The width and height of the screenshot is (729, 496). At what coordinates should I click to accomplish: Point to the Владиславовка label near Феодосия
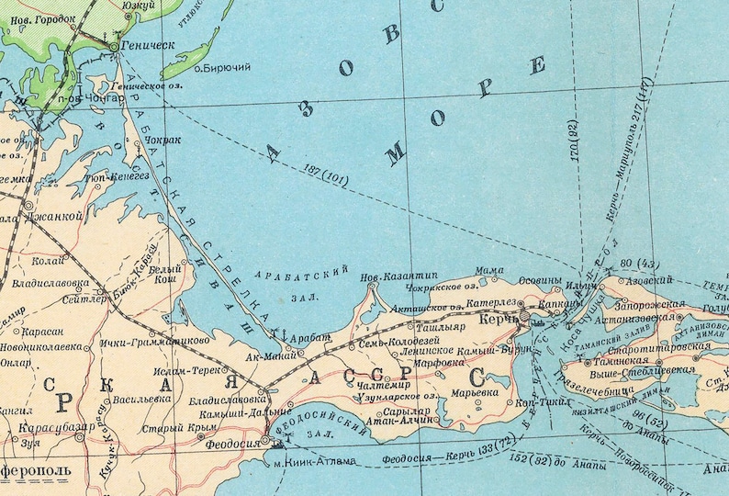tap(226, 400)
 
